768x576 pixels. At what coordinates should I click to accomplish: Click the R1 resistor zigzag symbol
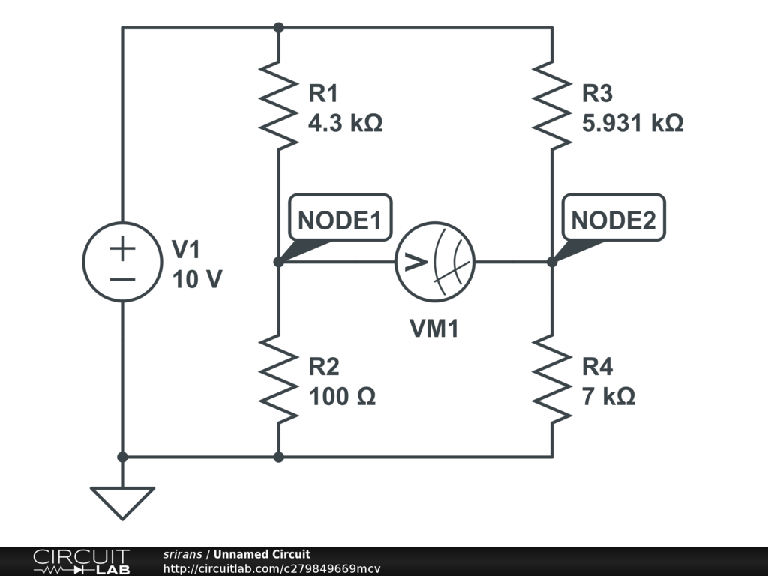click(278, 106)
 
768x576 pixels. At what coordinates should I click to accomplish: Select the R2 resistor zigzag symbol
click(278, 379)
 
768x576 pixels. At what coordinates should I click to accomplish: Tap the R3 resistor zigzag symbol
click(552, 106)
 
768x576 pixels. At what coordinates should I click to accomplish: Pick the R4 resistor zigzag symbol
click(552, 379)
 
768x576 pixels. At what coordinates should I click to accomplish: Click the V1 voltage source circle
click(122, 262)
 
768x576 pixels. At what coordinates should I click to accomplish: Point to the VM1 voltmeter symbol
click(435, 262)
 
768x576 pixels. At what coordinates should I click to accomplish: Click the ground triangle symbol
click(122, 502)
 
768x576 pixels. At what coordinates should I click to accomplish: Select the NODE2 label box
click(613, 220)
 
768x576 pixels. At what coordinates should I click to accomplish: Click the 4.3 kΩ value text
click(346, 123)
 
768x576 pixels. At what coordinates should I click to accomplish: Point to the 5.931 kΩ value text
click(632, 123)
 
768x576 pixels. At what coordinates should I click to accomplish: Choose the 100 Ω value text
click(342, 397)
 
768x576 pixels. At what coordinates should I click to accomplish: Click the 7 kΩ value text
click(608, 397)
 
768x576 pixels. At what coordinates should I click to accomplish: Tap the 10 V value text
click(196, 280)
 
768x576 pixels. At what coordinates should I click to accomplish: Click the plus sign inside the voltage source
click(122, 249)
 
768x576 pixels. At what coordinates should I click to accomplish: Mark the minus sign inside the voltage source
click(122, 278)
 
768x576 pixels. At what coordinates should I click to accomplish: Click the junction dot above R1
click(278, 28)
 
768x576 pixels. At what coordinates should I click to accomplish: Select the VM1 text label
click(433, 328)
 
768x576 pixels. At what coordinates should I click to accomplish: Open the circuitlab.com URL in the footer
click(271, 568)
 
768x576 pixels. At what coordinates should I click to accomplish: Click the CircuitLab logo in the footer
click(81, 561)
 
